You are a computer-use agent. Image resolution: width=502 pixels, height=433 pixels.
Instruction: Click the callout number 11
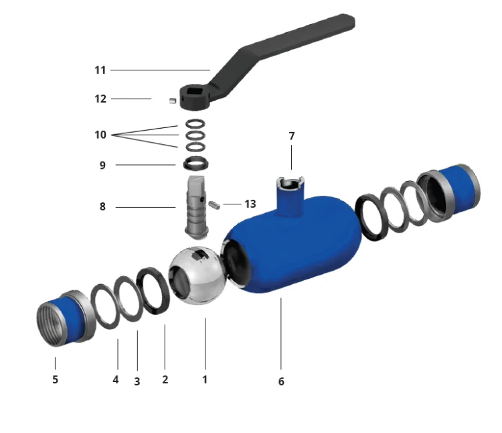point(100,70)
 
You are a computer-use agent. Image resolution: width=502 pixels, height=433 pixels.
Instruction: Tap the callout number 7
point(291,136)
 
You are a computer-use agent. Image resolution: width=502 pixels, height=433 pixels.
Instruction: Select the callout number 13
point(250,204)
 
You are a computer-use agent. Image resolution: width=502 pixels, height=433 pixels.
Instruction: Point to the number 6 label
point(281,381)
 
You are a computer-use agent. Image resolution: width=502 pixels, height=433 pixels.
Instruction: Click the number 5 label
point(56,379)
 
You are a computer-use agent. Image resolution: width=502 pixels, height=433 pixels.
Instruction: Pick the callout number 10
point(100,135)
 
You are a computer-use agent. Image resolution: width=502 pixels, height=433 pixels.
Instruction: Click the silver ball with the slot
point(197,275)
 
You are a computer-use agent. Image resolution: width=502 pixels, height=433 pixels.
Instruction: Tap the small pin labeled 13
point(214,205)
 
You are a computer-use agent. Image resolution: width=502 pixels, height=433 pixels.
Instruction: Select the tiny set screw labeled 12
point(173,101)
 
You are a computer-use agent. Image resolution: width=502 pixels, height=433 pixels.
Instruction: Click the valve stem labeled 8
point(196,207)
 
